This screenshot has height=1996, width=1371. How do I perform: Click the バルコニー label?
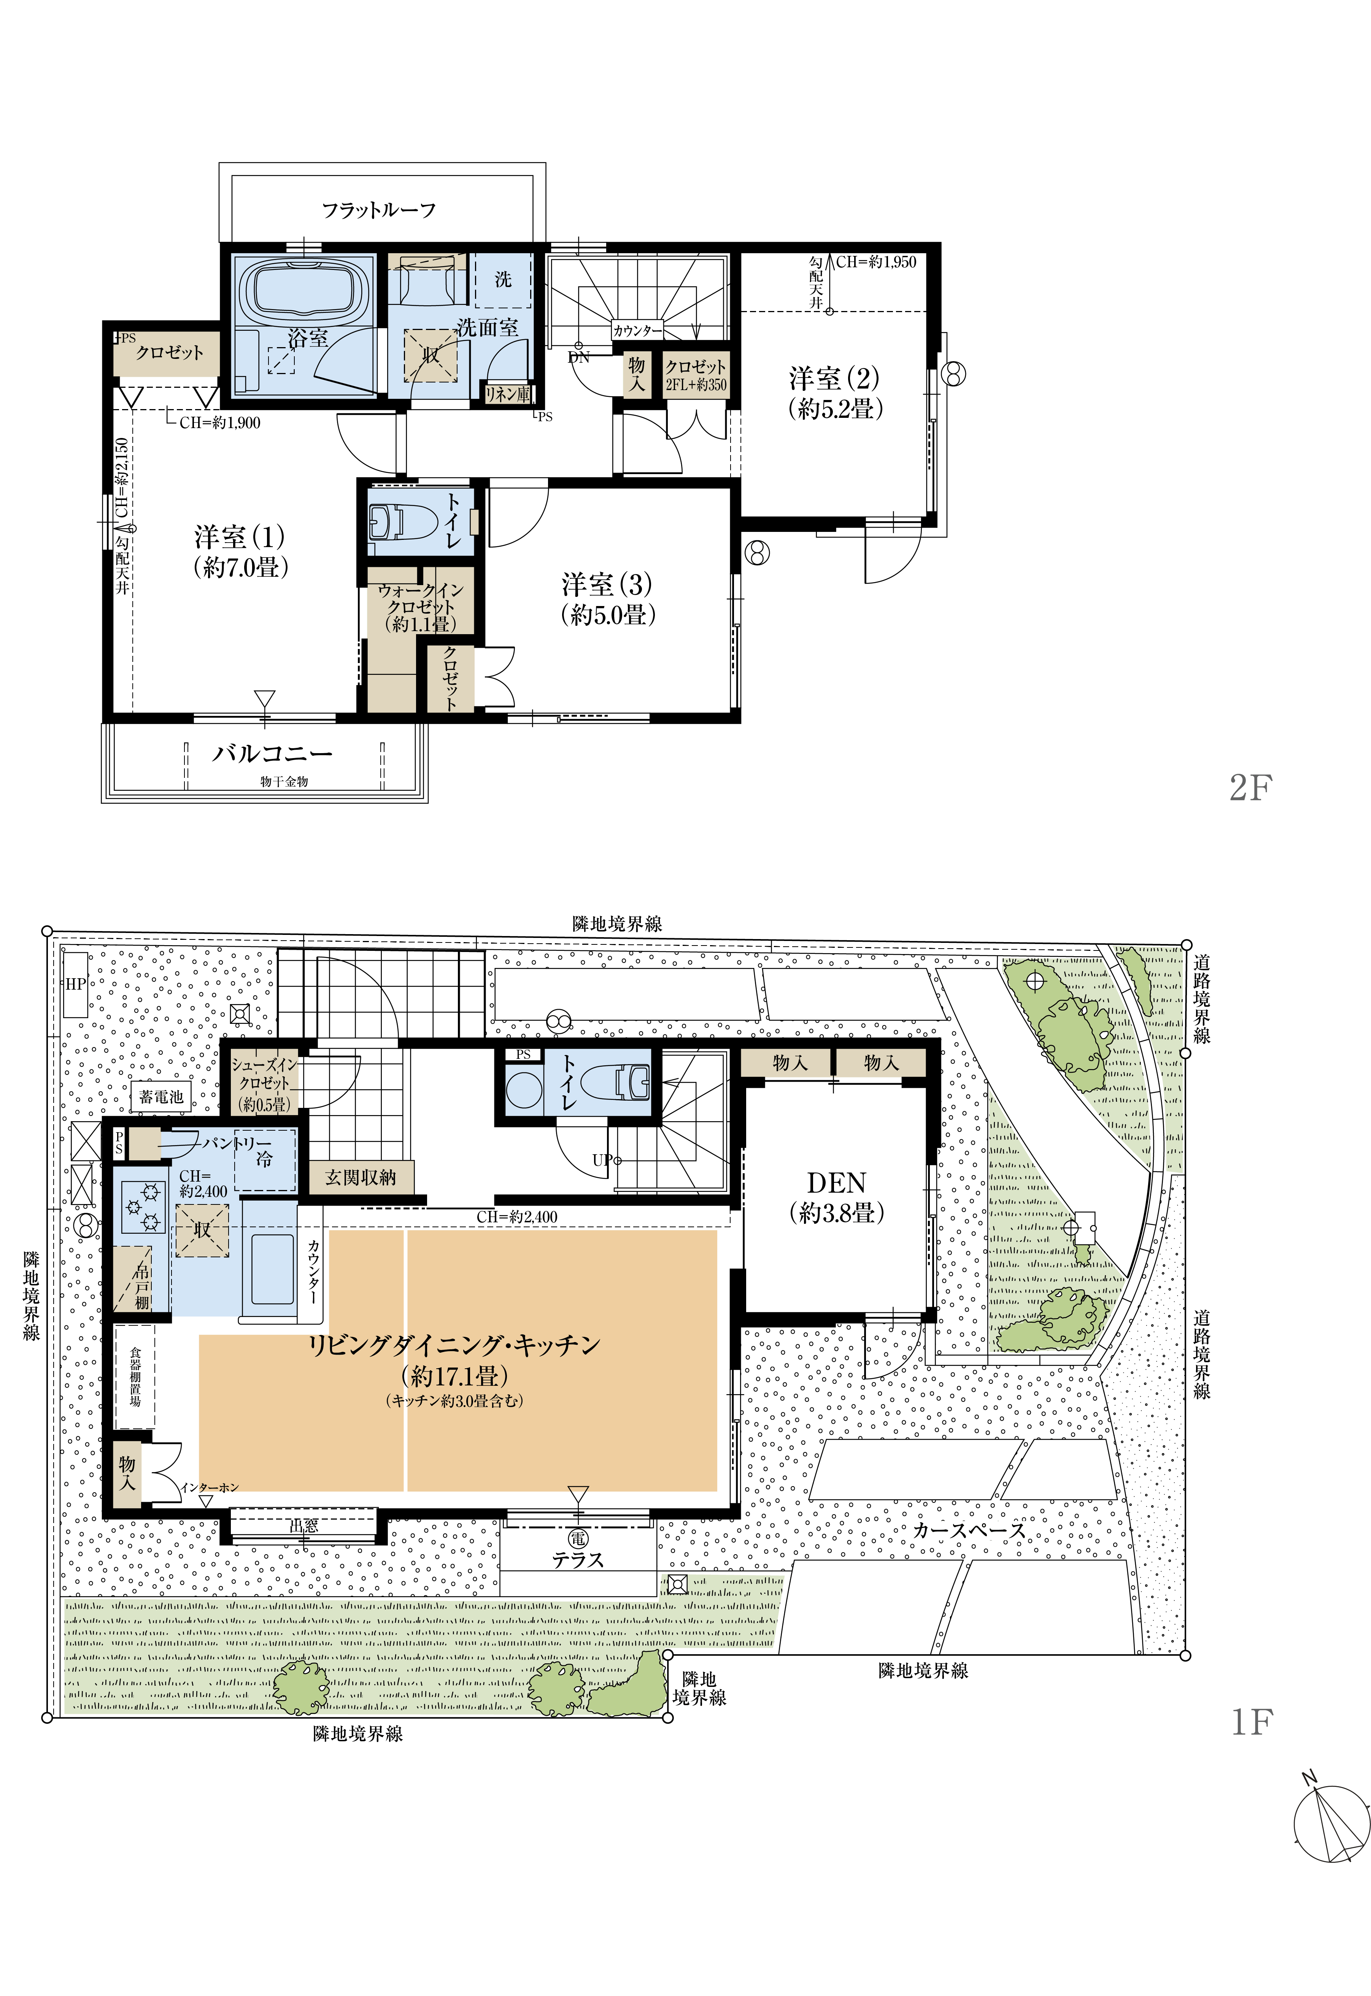[272, 753]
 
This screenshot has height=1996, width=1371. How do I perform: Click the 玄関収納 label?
[361, 1177]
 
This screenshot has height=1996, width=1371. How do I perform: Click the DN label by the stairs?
[579, 357]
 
